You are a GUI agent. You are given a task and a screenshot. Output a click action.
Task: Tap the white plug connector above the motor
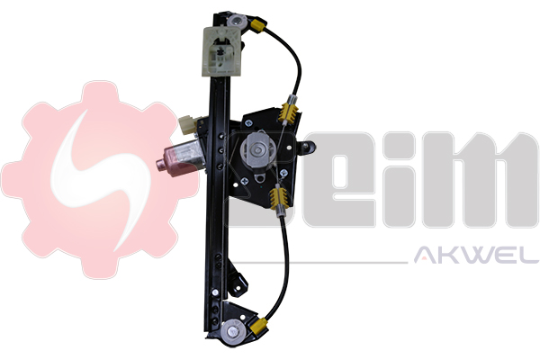click(189, 126)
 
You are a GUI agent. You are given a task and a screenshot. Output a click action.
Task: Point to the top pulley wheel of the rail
click(238, 19)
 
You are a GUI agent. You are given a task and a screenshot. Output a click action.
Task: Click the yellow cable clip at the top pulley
click(256, 27)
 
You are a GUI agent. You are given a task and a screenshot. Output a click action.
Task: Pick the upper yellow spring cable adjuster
click(290, 112)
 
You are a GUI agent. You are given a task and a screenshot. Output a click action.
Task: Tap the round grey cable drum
click(257, 149)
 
